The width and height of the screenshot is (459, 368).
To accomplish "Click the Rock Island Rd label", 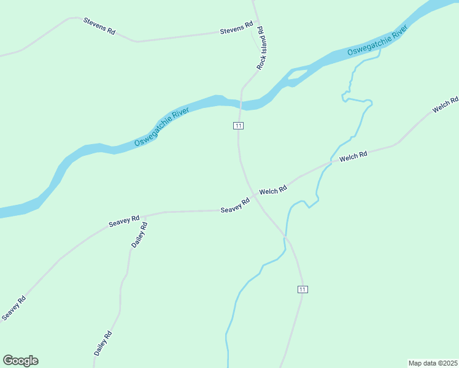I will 261,48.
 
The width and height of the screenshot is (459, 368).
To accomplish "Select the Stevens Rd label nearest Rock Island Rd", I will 237,28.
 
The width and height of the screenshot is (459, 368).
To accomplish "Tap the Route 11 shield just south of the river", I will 239,126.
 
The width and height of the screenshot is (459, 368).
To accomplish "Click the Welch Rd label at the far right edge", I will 445,104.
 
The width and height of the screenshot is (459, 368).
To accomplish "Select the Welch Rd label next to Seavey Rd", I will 273,191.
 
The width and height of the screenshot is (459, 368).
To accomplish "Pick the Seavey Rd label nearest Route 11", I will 235,205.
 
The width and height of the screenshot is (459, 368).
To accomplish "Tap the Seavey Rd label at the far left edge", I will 13,308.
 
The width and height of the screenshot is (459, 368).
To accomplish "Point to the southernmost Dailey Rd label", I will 102,344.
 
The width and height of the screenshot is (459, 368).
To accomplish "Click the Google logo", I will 20,361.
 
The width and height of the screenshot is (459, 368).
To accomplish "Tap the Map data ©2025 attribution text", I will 432,363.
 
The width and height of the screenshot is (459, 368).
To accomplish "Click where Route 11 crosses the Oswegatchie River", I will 240,104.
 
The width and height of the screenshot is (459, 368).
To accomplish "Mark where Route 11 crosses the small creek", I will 285,236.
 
